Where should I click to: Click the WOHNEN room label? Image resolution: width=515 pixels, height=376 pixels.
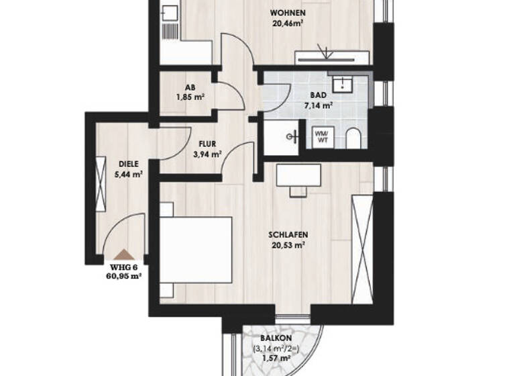288,13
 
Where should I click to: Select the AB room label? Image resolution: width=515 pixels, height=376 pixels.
190,87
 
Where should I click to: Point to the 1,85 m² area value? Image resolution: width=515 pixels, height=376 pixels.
190,97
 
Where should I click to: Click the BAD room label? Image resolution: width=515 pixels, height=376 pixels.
319,96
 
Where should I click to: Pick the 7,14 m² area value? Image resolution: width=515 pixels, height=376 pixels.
319,105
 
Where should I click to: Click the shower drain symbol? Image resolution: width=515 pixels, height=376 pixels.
292,137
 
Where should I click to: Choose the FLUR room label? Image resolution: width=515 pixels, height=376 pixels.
207,144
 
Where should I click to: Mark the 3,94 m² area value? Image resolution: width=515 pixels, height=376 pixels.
207,154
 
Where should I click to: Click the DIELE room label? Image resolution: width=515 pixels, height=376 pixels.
129,164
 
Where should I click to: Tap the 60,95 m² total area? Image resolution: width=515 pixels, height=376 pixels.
123,275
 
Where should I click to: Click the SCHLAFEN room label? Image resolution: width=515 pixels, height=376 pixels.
287,235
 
